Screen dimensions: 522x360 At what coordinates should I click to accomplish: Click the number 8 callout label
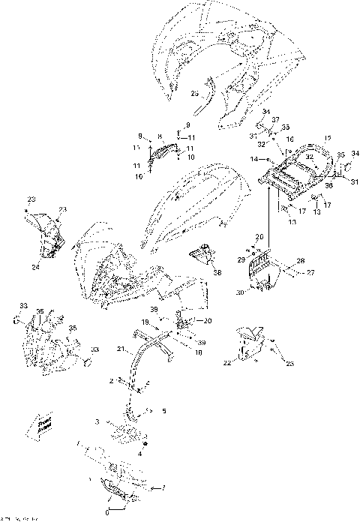click(x=159, y=136)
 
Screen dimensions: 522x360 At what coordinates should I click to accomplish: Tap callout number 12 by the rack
click(x=306, y=139)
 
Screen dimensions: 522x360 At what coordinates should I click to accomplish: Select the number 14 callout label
click(x=254, y=160)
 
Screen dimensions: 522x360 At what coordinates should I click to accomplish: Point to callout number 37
click(x=275, y=120)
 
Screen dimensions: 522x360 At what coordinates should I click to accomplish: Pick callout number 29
click(x=241, y=259)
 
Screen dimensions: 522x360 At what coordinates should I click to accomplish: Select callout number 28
click(x=300, y=260)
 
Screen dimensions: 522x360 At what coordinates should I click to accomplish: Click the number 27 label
click(x=311, y=273)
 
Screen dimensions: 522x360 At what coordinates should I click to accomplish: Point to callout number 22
click(x=227, y=363)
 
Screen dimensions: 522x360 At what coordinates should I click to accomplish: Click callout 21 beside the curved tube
click(x=121, y=349)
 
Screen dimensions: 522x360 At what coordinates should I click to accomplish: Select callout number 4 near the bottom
click(x=139, y=454)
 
